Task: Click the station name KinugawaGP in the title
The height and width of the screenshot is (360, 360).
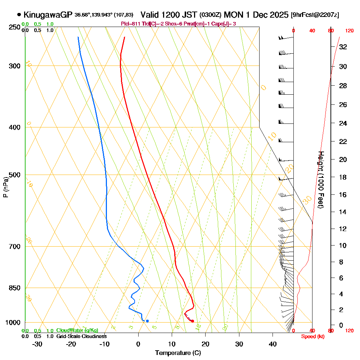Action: point(48,15)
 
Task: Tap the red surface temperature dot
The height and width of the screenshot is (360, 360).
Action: point(193,321)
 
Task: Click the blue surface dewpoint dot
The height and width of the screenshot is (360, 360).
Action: point(147,321)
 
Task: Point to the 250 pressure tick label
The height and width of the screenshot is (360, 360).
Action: point(14,27)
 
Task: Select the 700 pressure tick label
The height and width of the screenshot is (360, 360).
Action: point(14,247)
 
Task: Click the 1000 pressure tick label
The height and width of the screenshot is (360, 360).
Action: point(12,323)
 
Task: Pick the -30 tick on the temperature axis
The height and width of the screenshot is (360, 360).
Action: point(37,344)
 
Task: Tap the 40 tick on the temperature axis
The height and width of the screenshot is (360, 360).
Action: point(273,344)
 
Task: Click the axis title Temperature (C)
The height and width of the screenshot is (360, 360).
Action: point(178,353)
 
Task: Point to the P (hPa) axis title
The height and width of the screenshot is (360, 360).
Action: point(5,187)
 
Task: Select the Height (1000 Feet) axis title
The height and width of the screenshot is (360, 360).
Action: point(321,179)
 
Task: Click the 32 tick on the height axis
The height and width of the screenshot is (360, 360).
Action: point(343,46)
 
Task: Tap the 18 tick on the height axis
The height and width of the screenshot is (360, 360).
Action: point(343,177)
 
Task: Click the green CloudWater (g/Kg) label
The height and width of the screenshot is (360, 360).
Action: point(77,330)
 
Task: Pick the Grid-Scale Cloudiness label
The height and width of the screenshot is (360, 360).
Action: point(81,336)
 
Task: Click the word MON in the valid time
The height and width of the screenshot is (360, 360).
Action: point(233,15)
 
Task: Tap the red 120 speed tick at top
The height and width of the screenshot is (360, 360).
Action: point(349,31)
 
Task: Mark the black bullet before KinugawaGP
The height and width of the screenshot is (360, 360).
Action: point(19,15)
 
